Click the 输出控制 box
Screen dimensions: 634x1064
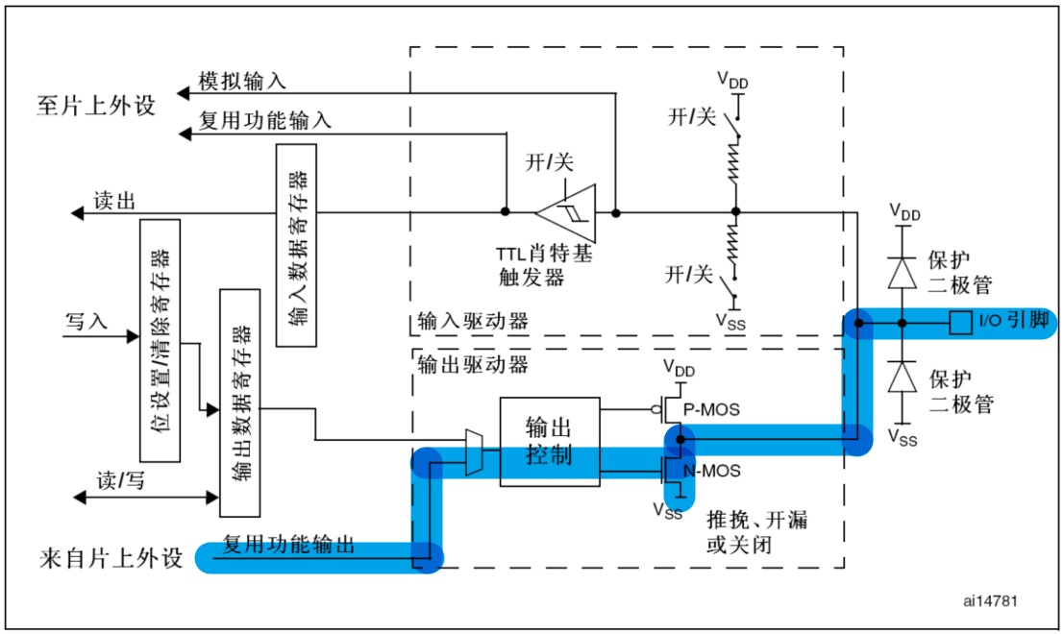click(549, 442)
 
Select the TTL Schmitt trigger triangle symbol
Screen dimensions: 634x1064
click(567, 211)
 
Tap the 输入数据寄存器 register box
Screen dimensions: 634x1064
click(296, 245)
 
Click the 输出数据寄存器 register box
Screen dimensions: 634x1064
click(240, 402)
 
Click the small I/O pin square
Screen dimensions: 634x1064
click(959, 323)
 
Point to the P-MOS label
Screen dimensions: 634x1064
click(711, 409)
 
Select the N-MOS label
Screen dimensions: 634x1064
click(711, 472)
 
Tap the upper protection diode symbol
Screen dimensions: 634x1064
click(902, 274)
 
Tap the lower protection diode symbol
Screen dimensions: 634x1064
click(902, 377)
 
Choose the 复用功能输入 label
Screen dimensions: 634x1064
click(264, 121)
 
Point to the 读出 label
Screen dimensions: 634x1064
click(113, 201)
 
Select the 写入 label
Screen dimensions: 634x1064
click(87, 320)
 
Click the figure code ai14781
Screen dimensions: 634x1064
click(989, 600)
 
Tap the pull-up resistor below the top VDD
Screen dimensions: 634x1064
click(735, 158)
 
